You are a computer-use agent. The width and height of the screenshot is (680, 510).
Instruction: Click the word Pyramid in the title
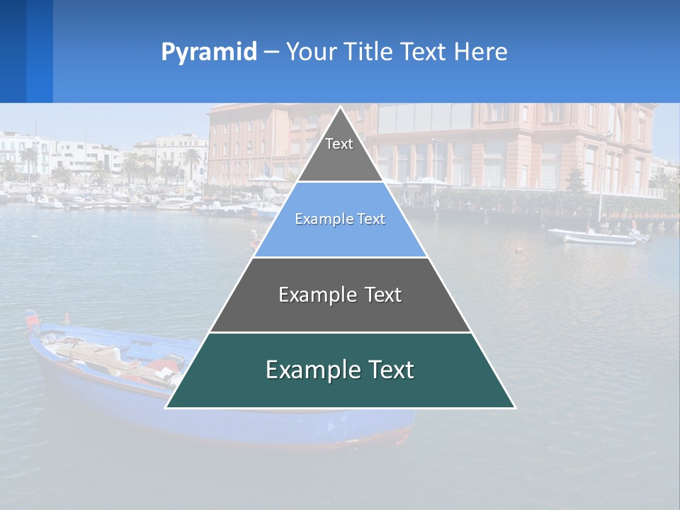click(x=209, y=52)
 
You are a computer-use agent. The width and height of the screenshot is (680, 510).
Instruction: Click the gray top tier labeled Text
click(x=339, y=152)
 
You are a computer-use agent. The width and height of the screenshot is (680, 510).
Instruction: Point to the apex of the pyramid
click(x=341, y=108)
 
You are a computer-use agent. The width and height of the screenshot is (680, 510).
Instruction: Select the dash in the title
click(x=271, y=52)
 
